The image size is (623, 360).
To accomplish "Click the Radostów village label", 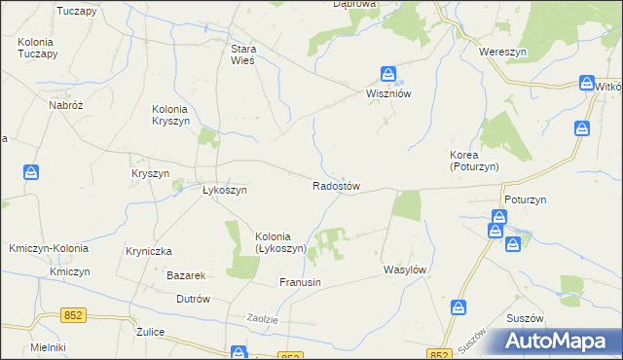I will [337, 186].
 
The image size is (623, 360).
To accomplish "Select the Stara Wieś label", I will [242, 54].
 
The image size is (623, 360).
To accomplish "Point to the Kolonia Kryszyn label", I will [178, 116].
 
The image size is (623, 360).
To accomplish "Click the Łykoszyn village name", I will [224, 191].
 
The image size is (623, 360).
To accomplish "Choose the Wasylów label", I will [406, 268].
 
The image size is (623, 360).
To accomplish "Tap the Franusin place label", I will [300, 282].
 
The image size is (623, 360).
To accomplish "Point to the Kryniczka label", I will [149, 250].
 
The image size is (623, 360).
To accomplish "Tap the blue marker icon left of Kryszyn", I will [32, 172].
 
